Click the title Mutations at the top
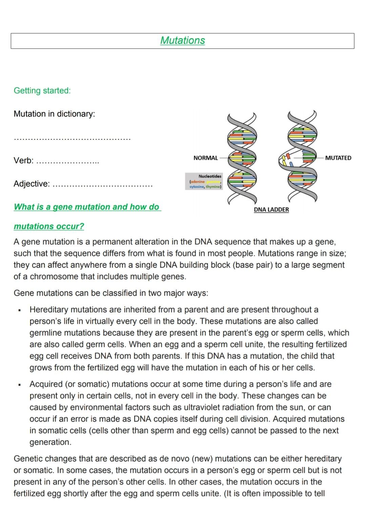182,40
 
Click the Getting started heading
42,91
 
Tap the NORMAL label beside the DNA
205,158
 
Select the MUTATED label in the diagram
338,158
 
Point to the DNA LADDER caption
271,210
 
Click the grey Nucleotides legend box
204,181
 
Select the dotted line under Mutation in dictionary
72,138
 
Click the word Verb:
23,160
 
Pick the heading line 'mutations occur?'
49,226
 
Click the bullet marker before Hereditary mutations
20,310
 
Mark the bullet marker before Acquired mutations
20,385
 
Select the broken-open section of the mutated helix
285,159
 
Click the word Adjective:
32,184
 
